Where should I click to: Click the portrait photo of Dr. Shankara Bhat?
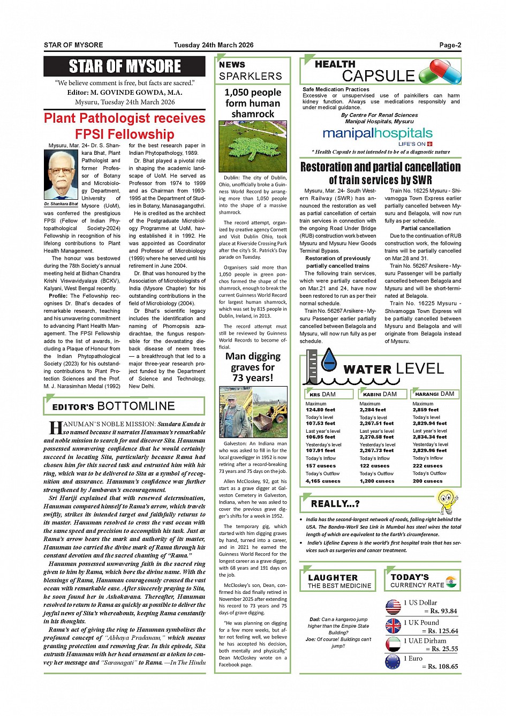tap(61, 175)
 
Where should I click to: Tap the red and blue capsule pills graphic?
tap(440, 72)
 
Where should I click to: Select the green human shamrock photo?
tap(253, 146)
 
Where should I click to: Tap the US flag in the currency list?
tap(393, 606)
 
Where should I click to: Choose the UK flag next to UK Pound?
tap(393, 625)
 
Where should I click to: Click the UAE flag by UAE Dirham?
tap(393, 644)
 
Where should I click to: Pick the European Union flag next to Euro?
tap(393, 662)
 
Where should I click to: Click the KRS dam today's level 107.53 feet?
tap(320, 423)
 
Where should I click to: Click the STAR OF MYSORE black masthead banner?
tap(124, 66)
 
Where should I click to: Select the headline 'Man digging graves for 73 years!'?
tap(253, 367)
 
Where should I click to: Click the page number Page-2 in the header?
tap(450, 45)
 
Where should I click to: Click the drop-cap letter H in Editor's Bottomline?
tap(56, 428)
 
